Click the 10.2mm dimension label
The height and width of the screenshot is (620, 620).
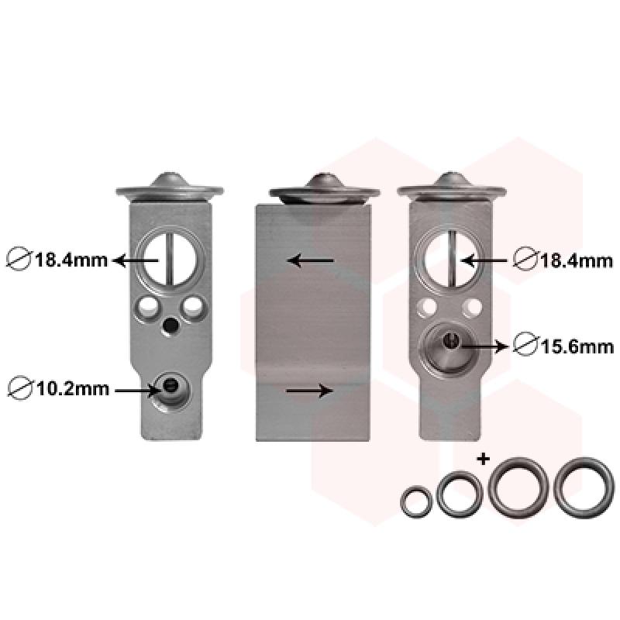(72, 389)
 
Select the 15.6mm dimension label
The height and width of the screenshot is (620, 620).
(577, 347)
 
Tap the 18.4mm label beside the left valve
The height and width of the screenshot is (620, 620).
(71, 260)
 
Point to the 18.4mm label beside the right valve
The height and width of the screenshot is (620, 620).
(577, 260)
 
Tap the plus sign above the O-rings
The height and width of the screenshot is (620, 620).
(483, 459)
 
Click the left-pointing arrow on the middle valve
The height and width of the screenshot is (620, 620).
(311, 260)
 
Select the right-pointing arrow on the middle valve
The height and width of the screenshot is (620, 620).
(309, 391)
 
